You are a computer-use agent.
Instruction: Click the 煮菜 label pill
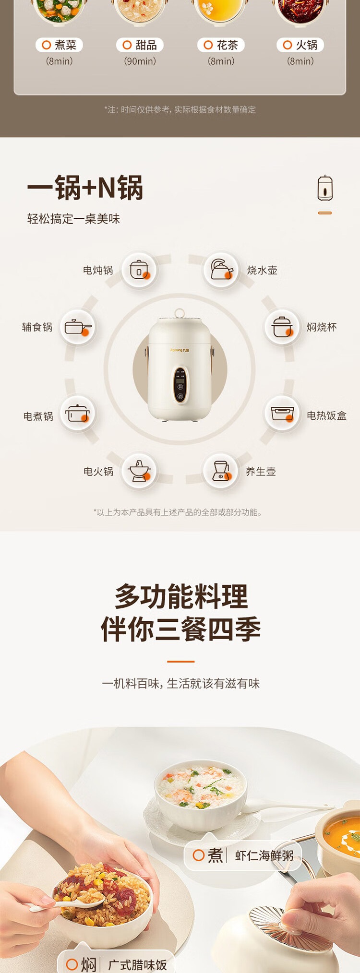59,45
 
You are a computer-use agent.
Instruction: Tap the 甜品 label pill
140,45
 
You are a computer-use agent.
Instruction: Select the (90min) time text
140,61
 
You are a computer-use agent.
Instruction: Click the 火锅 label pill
300,45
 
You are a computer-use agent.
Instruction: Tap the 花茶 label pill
221,45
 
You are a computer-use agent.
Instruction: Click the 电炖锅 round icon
139,270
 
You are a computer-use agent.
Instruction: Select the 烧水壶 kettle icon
221,270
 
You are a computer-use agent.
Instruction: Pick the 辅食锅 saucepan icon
78,327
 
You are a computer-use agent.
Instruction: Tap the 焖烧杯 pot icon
282,327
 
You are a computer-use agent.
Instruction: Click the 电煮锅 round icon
78,413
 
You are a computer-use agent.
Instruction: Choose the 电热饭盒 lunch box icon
282,413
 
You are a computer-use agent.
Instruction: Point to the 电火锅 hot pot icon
139,471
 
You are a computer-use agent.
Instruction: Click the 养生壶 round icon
221,471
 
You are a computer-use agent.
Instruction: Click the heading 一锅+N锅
85,187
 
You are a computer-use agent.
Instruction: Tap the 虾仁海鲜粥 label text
264,855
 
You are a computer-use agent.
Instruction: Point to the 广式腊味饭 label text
137,965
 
